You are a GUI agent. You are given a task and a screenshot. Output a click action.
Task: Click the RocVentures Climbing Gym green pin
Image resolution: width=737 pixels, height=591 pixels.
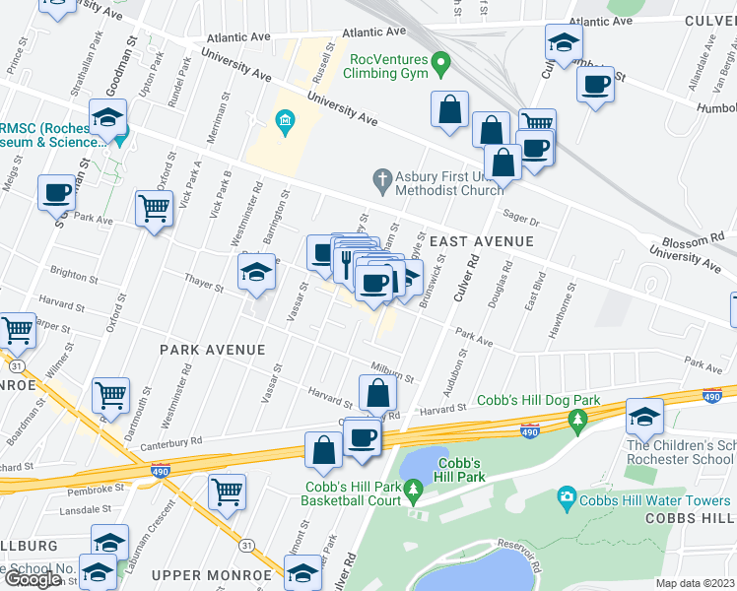click(x=441, y=67)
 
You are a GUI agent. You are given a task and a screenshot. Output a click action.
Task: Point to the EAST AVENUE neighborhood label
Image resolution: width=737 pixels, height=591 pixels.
click(x=481, y=241)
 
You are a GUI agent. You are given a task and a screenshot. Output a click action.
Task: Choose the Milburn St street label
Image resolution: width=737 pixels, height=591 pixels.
click(x=392, y=369)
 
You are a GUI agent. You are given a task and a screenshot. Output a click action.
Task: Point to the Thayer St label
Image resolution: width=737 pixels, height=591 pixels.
click(x=203, y=283)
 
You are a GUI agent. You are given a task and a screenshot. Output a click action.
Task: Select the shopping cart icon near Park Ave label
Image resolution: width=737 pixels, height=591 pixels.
click(x=155, y=209)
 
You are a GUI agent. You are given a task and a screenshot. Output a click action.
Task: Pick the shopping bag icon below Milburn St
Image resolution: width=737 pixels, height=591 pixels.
click(x=378, y=394)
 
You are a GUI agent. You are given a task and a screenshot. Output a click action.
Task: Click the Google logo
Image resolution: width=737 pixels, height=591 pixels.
click(x=33, y=579)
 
